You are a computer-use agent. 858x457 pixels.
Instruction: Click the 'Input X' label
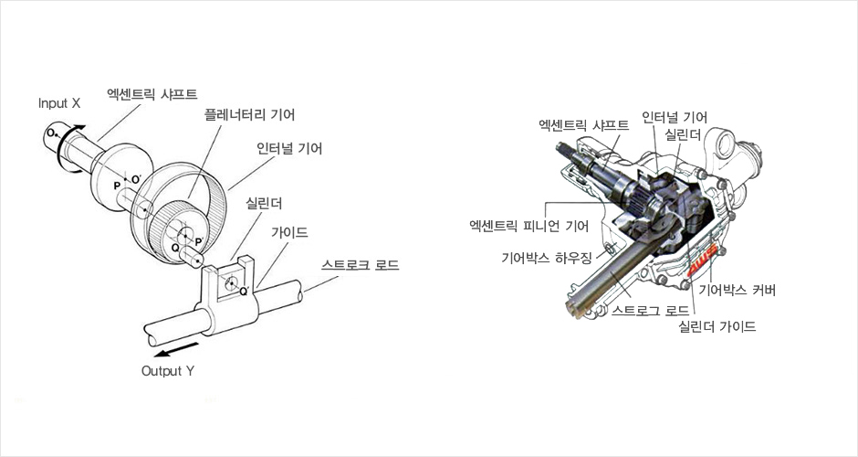tap(59, 103)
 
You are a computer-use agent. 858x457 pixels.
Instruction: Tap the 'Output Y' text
tap(167, 371)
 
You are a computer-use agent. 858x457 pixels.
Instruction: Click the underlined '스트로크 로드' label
tap(360, 265)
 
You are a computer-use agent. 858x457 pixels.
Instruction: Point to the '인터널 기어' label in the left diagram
tap(289, 147)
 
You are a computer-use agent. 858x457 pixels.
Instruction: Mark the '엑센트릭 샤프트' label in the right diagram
tap(583, 124)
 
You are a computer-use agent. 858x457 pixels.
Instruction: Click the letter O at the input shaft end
tap(49, 133)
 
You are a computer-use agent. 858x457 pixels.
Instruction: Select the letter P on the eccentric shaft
tap(117, 186)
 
